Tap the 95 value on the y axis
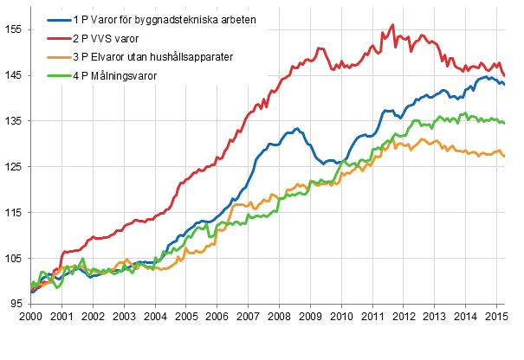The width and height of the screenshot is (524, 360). [15, 304]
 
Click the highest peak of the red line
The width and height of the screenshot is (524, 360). [392, 25]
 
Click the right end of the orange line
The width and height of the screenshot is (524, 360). [505, 157]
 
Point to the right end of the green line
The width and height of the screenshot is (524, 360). [505, 123]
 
